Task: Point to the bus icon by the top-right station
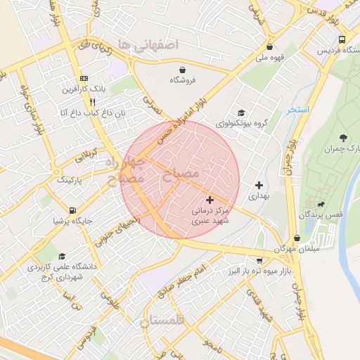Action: pyautogui.click(x=342, y=39)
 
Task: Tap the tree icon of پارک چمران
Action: pyautogui.click(x=342, y=138)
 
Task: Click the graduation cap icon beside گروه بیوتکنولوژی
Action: pyautogui.click(x=241, y=112)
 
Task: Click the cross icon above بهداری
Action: pyautogui.click(x=259, y=184)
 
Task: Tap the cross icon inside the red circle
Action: pyautogui.click(x=210, y=200)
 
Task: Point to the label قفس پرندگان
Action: pyautogui.click(x=321, y=213)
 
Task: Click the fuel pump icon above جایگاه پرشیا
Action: pyautogui.click(x=72, y=210)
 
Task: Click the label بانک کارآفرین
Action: pyautogui.click(x=89, y=89)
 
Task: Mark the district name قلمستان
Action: pyautogui.click(x=162, y=321)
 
